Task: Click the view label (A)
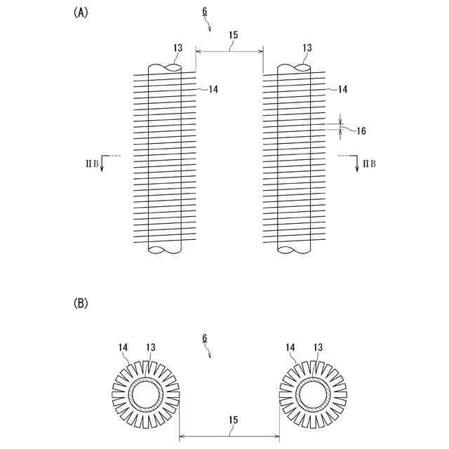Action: pyautogui.click(x=80, y=12)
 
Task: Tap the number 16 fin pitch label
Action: pyautogui.click(x=361, y=130)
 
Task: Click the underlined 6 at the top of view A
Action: pyautogui.click(x=204, y=12)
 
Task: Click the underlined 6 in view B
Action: pyautogui.click(x=204, y=338)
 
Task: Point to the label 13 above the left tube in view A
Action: pyautogui.click(x=177, y=48)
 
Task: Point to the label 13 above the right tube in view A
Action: pyautogui.click(x=307, y=48)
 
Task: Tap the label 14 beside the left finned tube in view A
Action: pyautogui.click(x=213, y=89)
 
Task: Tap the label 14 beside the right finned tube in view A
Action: pyautogui.click(x=342, y=89)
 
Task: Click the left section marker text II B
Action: pyautogui.click(x=88, y=163)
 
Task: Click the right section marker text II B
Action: pyautogui.click(x=368, y=163)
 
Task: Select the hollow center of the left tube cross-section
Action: pyautogui.click(x=146, y=396)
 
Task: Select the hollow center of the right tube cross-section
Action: pyautogui.click(x=313, y=396)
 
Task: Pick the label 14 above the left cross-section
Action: pyautogui.click(x=123, y=347)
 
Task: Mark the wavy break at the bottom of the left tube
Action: pyautogui.click(x=165, y=250)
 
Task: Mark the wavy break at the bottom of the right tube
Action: pyautogui.click(x=294, y=250)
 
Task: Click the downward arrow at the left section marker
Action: pyautogui.click(x=102, y=165)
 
